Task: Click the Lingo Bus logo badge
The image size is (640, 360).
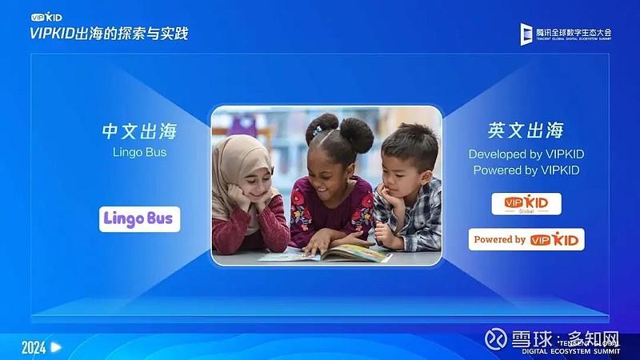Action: [140, 218]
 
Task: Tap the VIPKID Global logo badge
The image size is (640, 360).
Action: [526, 204]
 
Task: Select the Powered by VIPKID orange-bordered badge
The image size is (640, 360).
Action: [526, 239]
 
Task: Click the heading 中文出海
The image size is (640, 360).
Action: [139, 130]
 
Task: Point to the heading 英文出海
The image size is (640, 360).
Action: [526, 130]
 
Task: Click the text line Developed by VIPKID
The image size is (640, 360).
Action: [526, 154]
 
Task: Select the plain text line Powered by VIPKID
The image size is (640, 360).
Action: [526, 170]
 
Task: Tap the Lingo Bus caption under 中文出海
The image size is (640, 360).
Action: [139, 152]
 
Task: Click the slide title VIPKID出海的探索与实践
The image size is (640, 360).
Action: [109, 34]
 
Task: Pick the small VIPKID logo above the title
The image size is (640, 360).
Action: [46, 17]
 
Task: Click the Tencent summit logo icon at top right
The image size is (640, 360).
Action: [526, 34]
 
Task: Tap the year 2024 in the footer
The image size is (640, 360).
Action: [33, 347]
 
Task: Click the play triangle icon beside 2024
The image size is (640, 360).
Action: [56, 347]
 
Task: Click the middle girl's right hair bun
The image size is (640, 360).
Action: [357, 134]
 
